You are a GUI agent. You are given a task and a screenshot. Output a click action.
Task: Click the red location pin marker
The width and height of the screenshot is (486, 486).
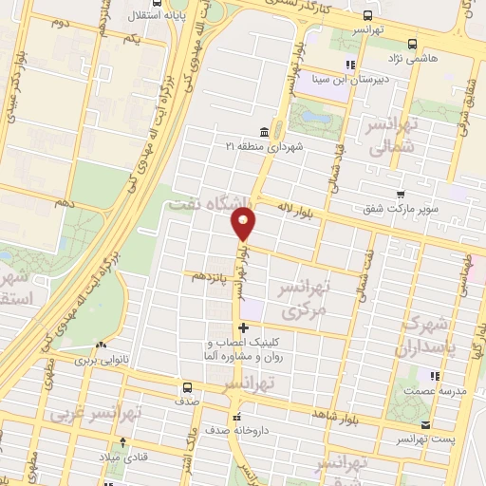tap(245, 224)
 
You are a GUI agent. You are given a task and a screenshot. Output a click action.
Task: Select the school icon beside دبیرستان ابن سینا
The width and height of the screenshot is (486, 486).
tap(350, 65)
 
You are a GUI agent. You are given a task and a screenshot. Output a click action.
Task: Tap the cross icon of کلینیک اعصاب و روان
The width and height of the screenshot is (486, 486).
tap(244, 327)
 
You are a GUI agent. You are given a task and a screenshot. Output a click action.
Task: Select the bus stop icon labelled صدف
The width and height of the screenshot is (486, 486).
tap(187, 387)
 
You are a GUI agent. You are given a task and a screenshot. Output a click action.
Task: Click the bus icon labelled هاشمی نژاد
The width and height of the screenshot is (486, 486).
tap(411, 44)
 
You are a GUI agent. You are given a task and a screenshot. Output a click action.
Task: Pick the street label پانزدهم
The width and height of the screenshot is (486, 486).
tap(211, 276)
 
